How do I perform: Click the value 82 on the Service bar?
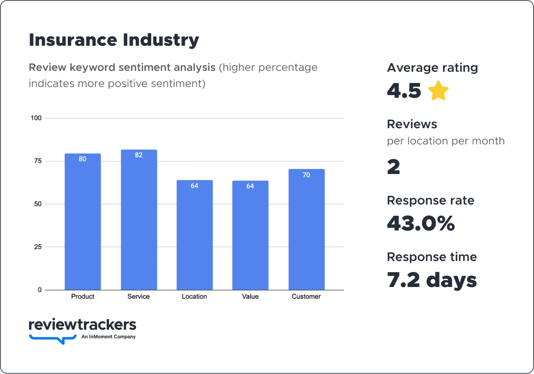pos(139,155)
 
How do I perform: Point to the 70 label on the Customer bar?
pos(306,175)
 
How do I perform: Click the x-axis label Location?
pos(194,296)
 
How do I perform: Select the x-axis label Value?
pos(250,296)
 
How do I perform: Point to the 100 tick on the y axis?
pos(36,118)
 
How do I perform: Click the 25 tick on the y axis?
pos(38,247)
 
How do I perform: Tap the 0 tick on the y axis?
pos(39,290)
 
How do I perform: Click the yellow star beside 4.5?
pos(438,91)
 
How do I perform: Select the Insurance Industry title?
pos(114,40)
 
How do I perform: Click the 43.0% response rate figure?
pos(420,223)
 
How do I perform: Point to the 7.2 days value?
pos(432,280)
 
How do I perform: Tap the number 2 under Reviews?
pos(393,167)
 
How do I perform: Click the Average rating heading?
pos(432,68)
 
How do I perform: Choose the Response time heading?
pos(432,257)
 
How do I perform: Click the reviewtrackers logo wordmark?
pos(82,325)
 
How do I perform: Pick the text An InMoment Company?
pos(109,337)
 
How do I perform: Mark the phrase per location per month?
pos(446,141)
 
